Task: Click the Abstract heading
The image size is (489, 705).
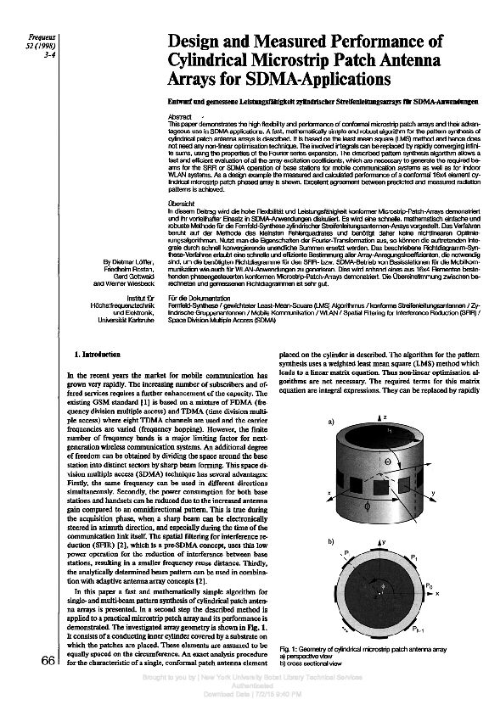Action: pyautogui.click(x=180, y=116)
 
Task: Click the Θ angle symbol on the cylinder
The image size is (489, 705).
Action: pyautogui.click(x=388, y=462)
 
